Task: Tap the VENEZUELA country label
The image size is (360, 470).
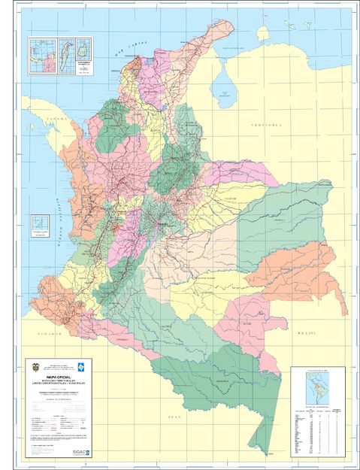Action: (x=265, y=123)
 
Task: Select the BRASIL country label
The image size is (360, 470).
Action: (x=308, y=331)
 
